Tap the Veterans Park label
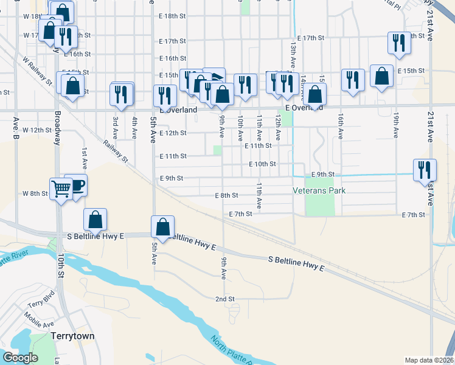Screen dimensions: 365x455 pyautogui.click(x=319, y=190)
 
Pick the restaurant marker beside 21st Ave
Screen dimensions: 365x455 pyautogui.click(x=424, y=170)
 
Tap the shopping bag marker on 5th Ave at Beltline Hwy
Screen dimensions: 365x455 pyautogui.click(x=163, y=227)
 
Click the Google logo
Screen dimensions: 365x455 pyautogui.click(x=20, y=358)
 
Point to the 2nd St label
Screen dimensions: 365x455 pyautogui.click(x=225, y=299)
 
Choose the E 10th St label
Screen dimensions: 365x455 pyautogui.click(x=262, y=164)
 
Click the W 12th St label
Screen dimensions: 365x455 pyautogui.click(x=35, y=130)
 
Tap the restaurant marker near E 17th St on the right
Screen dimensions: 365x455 pyautogui.click(x=398, y=43)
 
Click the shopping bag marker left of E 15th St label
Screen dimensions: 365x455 pyautogui.click(x=381, y=77)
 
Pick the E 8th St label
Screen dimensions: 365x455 pyautogui.click(x=226, y=195)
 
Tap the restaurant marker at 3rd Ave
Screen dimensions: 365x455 pyautogui.click(x=122, y=94)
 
